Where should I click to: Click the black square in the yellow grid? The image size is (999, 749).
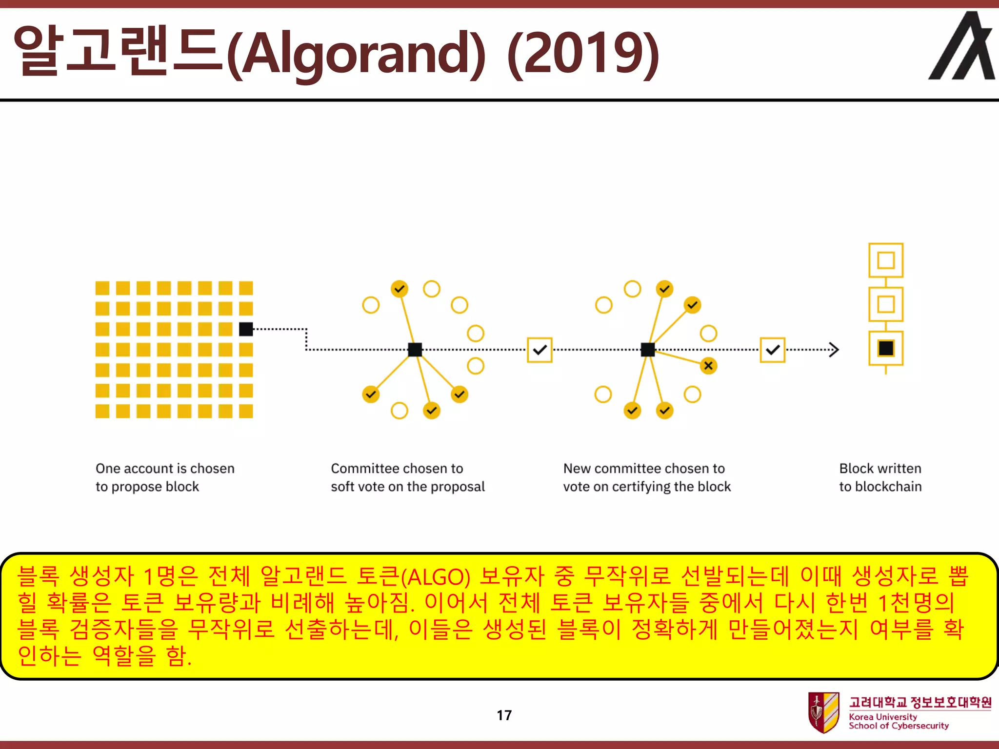point(246,329)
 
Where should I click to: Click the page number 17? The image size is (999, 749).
point(504,715)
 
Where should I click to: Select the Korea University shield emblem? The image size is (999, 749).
point(823,712)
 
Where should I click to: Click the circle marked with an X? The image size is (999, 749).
point(708,366)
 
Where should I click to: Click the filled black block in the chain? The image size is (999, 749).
point(886,348)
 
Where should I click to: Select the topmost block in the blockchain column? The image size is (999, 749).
point(886,260)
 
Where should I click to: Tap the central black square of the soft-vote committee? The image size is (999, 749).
point(415,350)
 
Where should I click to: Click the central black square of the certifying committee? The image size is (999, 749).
point(648,350)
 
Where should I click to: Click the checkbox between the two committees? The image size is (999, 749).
point(539,350)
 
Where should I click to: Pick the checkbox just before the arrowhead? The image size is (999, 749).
point(773,350)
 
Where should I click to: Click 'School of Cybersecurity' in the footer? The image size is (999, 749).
point(899,726)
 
